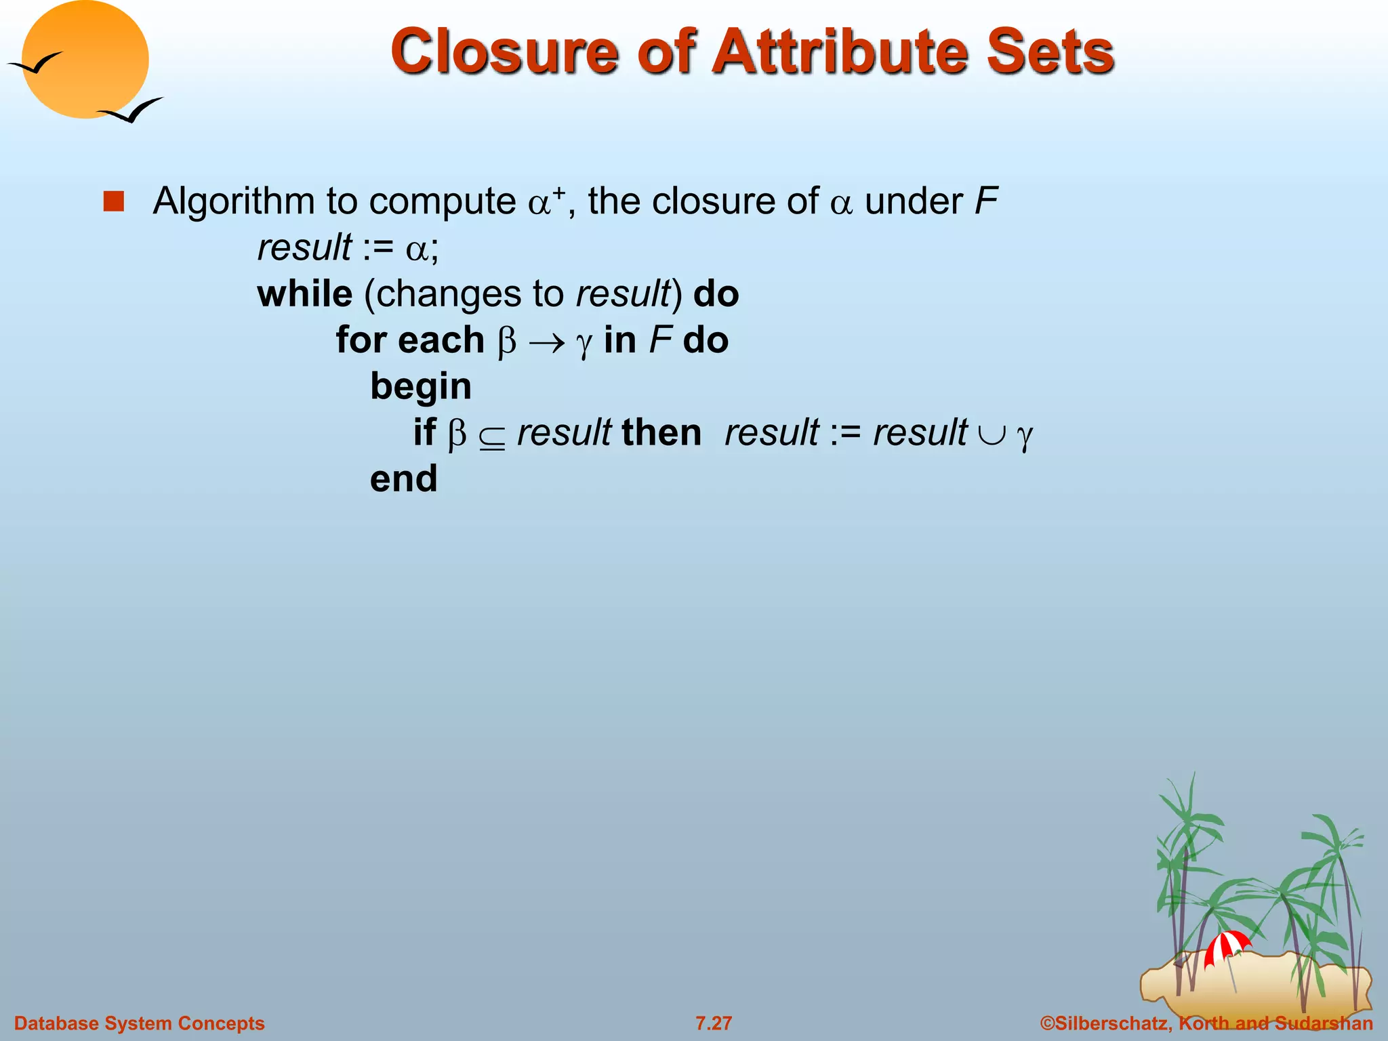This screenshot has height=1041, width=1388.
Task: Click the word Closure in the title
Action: tap(504, 52)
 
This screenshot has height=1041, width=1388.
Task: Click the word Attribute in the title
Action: tap(841, 52)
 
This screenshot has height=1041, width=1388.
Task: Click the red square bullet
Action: tap(114, 201)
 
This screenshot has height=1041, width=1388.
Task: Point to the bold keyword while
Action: tap(305, 294)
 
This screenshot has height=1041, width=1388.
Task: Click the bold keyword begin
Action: tap(420, 387)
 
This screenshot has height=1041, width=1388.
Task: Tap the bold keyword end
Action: tap(403, 479)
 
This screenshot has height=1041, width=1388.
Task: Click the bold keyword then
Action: tap(661, 432)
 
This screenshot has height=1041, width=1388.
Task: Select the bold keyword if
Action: tap(424, 432)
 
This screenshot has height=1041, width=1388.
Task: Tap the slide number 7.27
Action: tap(714, 1023)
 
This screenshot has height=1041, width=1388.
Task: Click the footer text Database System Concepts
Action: tap(139, 1023)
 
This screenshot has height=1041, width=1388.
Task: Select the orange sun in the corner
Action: tap(85, 60)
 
